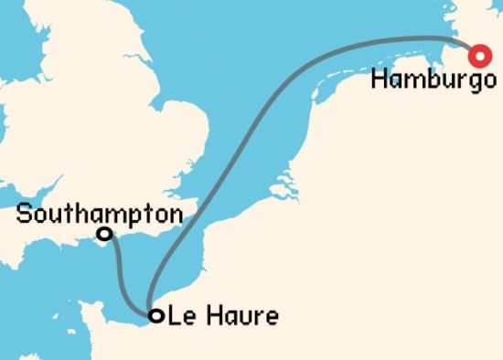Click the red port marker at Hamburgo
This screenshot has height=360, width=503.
pos(478,58)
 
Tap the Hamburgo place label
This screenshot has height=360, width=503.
pos(428,79)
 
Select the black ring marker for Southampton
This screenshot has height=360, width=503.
pos(105,235)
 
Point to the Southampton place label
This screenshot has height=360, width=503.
pos(99,216)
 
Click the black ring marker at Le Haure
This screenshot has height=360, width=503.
pos(156,316)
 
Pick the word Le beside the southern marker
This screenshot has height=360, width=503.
pos(182,317)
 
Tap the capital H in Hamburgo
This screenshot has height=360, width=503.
pos(380,79)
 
